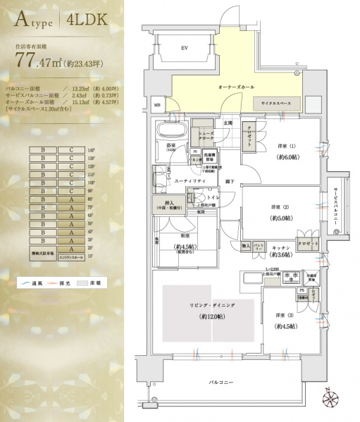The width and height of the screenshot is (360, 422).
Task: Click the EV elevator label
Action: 183,48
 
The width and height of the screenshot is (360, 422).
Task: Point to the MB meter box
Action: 157,106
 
